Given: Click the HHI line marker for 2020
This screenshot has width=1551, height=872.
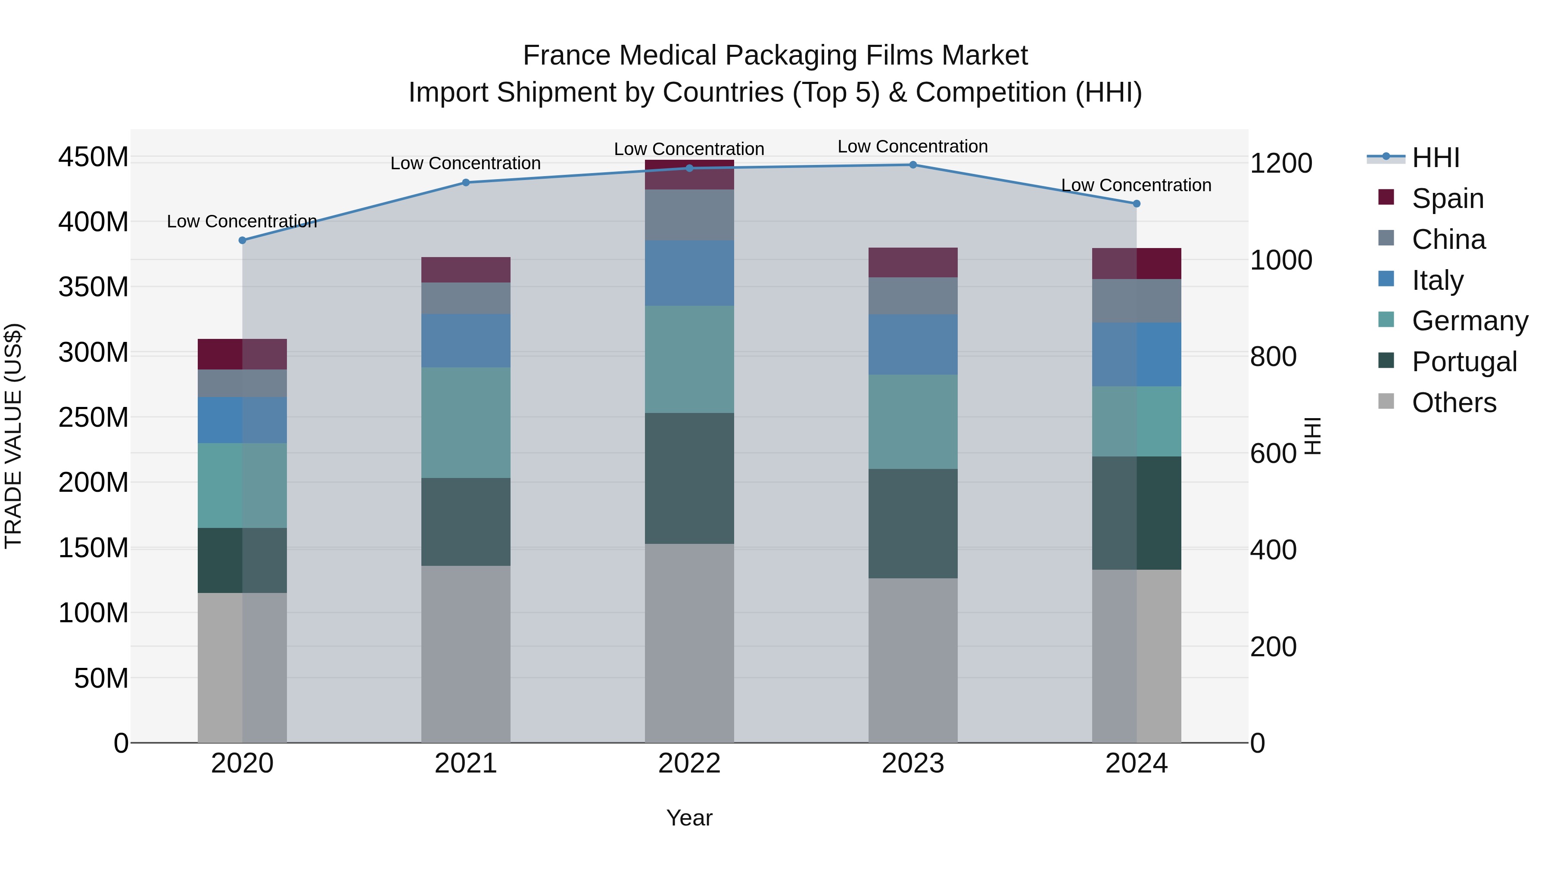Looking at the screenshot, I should (242, 240).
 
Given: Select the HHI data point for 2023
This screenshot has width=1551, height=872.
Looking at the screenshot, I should (913, 165).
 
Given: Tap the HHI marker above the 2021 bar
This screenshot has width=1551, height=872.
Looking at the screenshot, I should (465, 182).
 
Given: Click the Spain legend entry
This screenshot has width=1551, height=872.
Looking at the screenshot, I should (1448, 199).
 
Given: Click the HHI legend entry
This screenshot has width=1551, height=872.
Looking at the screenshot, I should (1436, 158).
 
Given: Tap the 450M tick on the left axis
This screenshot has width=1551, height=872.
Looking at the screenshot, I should (93, 157).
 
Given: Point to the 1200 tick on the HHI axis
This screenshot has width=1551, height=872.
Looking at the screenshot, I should (1281, 164).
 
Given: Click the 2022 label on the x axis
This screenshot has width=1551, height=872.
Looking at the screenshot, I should (689, 763).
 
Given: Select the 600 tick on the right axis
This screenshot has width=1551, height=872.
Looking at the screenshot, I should (1273, 454).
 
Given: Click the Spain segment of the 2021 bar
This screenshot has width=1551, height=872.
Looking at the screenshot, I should (465, 270).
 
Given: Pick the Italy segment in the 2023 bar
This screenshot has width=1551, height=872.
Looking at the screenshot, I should (913, 344).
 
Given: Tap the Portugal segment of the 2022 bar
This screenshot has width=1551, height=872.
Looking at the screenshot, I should (689, 478).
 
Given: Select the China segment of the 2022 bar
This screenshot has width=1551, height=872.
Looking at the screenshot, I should (689, 215).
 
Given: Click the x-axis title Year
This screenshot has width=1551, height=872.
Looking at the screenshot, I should (689, 818).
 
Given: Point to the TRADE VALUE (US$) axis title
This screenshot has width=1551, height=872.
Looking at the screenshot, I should (13, 436).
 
